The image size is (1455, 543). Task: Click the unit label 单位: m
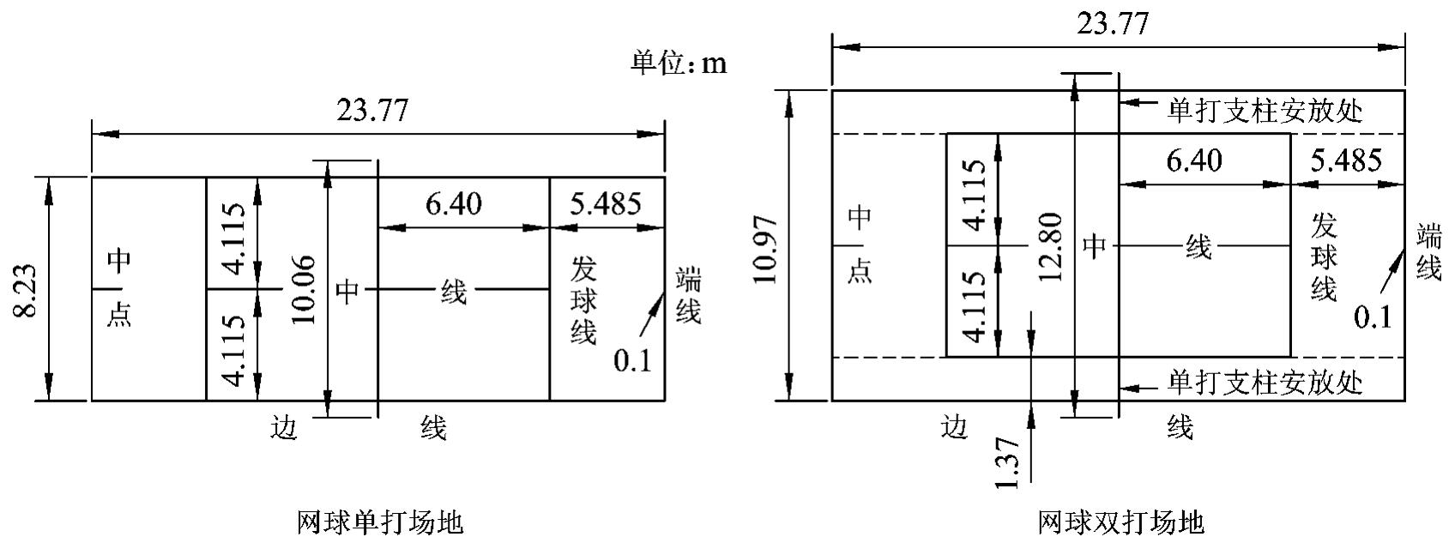tap(679, 63)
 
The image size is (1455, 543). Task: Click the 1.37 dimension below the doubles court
tap(1008, 462)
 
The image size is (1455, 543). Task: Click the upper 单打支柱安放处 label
tap(1265, 111)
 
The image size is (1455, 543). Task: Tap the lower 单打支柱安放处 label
tap(1265, 381)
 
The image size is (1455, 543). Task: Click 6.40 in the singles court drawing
tap(453, 204)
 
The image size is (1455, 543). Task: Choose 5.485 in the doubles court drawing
tap(1346, 160)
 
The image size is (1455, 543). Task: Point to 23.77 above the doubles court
tap(1112, 23)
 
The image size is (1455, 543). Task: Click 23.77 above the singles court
tap(371, 111)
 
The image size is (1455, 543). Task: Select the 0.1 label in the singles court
tap(632, 360)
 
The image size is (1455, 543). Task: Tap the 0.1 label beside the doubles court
tap(1373, 317)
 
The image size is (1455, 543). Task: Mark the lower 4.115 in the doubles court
tap(975, 307)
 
